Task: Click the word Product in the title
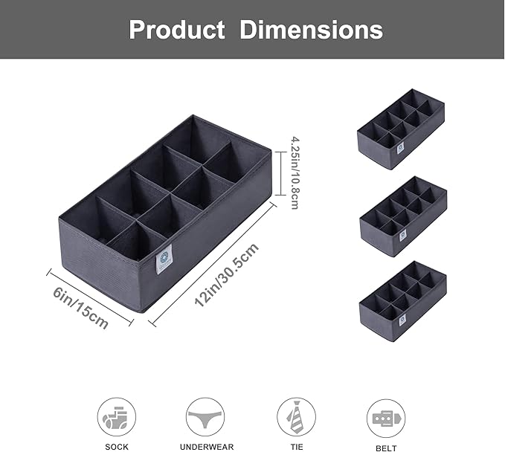176,30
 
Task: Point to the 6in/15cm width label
80,304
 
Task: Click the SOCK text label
117,447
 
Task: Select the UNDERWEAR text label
206,447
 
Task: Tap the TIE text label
296,447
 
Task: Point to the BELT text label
386,447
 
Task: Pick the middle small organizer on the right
402,216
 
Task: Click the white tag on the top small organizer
400,148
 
